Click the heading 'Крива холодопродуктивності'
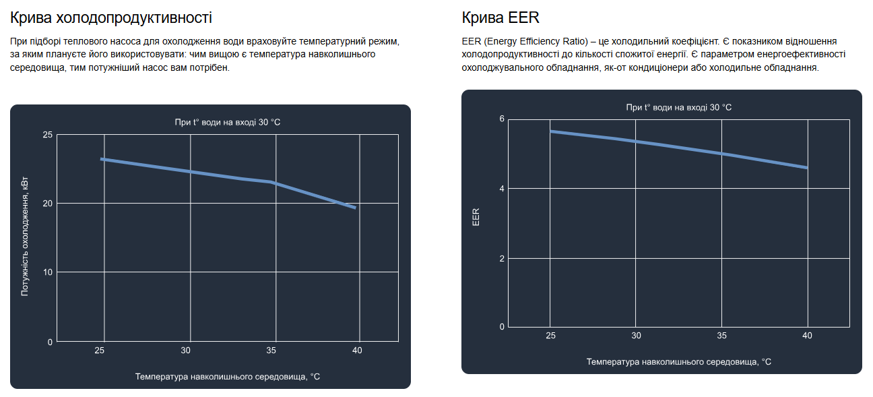110,18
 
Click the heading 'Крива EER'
500,18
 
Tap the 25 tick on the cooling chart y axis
47,135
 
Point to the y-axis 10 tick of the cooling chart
47,272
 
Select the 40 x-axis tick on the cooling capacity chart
357,350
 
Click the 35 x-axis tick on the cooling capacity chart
271,350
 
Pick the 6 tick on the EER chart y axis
501,119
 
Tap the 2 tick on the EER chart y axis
501,259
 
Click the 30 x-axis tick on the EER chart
636,336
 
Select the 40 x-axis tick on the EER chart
808,336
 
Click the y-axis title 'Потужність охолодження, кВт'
25,237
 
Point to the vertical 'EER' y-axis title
476,216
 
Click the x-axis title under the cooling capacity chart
227,377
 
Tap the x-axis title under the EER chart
678,362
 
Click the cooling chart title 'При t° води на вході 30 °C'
227,122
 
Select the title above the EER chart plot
678,107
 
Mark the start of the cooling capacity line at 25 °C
102,159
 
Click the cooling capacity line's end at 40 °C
355,208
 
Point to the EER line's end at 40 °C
806,167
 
